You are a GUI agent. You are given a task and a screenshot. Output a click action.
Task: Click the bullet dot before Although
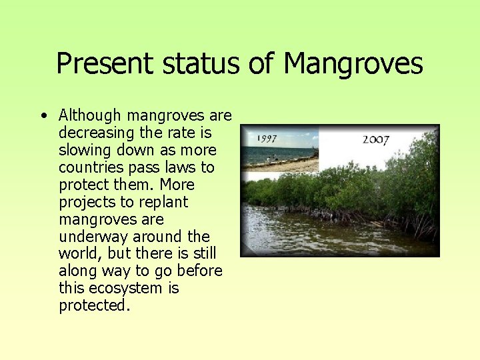point(43,116)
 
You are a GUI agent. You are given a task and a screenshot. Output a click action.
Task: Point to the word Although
point(90,115)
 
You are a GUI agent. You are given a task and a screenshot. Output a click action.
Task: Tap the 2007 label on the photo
point(377,139)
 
